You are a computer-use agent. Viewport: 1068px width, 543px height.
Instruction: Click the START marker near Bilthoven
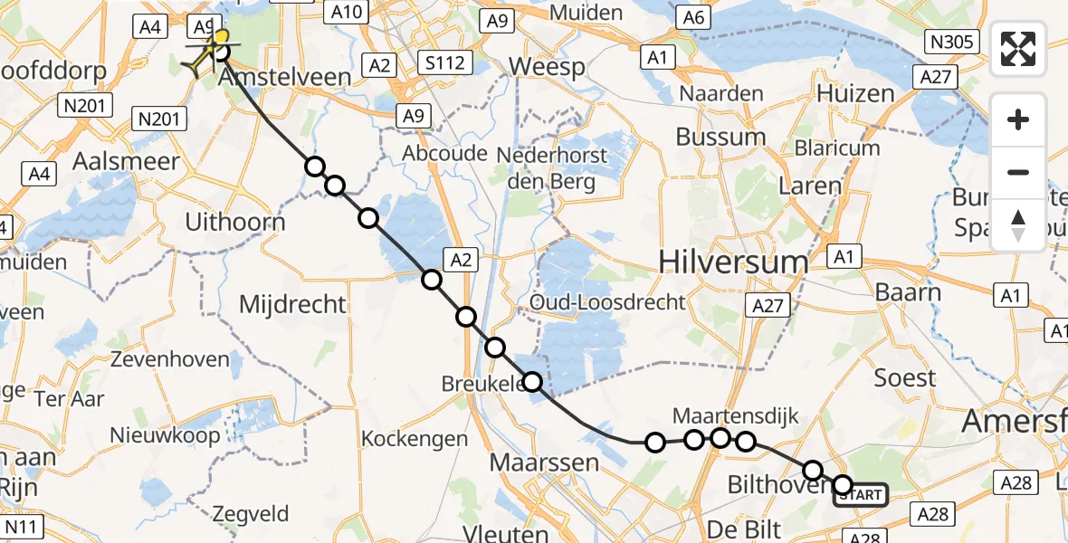(x=860, y=494)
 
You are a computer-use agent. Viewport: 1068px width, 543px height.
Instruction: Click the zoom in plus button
(x=1018, y=119)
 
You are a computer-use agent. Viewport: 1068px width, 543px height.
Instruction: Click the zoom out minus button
(x=1018, y=172)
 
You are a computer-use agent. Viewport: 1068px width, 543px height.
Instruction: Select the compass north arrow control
(x=1018, y=224)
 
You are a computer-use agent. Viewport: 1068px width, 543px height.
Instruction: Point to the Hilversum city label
(x=733, y=263)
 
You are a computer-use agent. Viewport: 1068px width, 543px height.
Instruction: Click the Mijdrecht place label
(x=292, y=303)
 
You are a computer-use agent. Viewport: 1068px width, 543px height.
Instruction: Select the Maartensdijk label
(x=736, y=416)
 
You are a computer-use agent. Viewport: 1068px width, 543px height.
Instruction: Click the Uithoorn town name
(x=234, y=222)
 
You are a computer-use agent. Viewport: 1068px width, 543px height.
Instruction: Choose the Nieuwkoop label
(x=165, y=435)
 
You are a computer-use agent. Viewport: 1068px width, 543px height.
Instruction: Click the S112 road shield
(x=447, y=62)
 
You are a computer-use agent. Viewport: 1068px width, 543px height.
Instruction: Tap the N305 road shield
(x=951, y=41)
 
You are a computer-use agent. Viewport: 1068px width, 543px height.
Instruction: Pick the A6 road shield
(x=693, y=17)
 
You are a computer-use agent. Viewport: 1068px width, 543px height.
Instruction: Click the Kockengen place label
(x=415, y=439)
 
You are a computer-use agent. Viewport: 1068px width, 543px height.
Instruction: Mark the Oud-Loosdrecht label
(x=608, y=302)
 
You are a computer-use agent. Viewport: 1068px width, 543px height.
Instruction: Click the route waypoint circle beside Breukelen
(x=533, y=382)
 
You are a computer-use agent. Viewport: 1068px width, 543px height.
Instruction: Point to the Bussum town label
(x=721, y=138)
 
